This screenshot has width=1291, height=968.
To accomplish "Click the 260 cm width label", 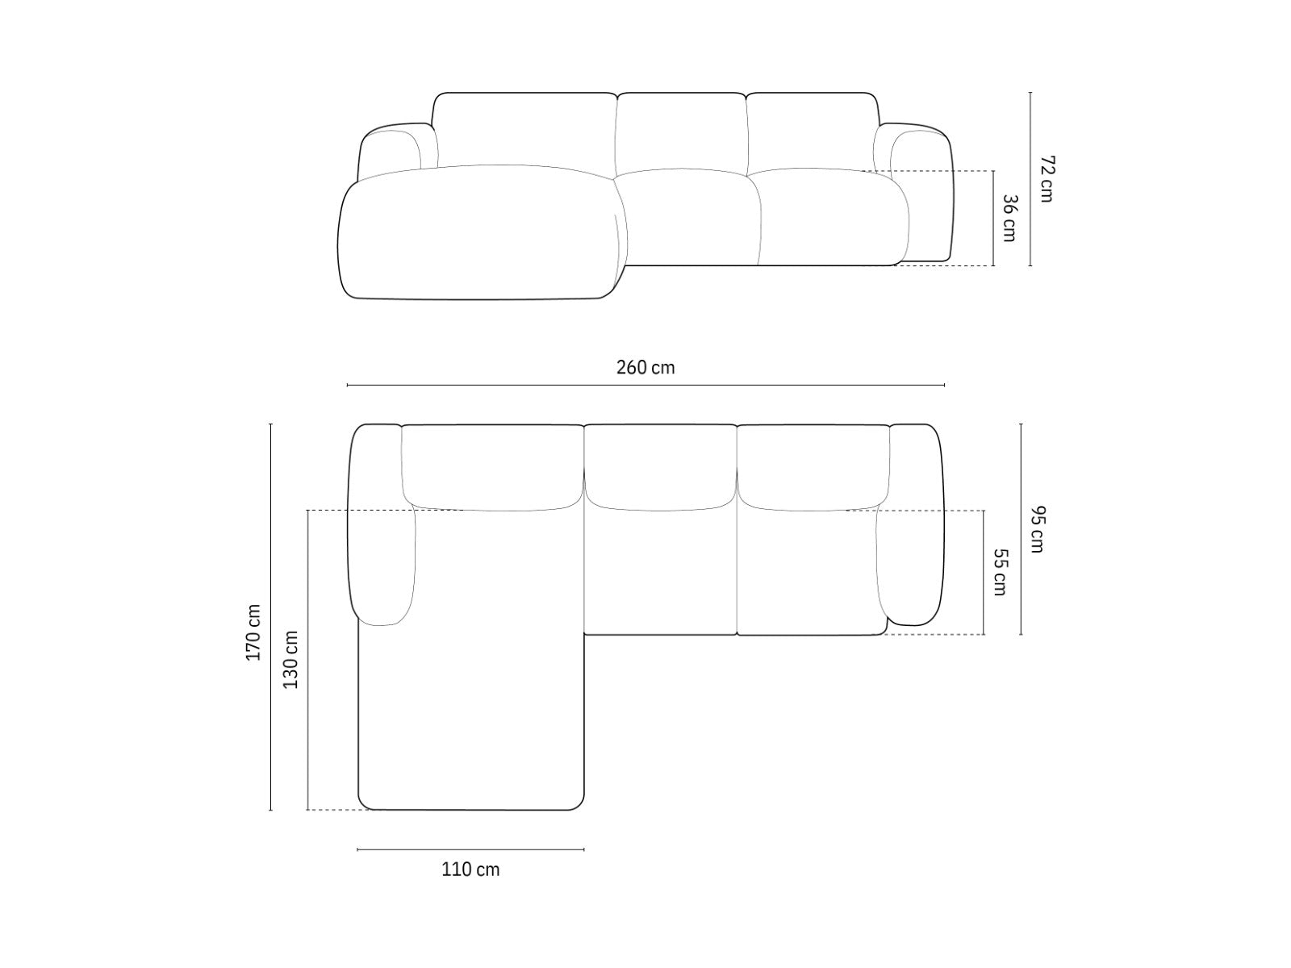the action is [645, 367].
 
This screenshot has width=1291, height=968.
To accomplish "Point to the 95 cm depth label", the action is [1037, 529].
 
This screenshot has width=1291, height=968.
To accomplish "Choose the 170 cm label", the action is [253, 632].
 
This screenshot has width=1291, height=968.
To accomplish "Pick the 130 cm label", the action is [290, 659].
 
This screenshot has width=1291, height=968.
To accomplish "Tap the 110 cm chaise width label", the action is [470, 870].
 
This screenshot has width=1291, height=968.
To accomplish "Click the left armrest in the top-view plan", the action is [381, 523].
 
